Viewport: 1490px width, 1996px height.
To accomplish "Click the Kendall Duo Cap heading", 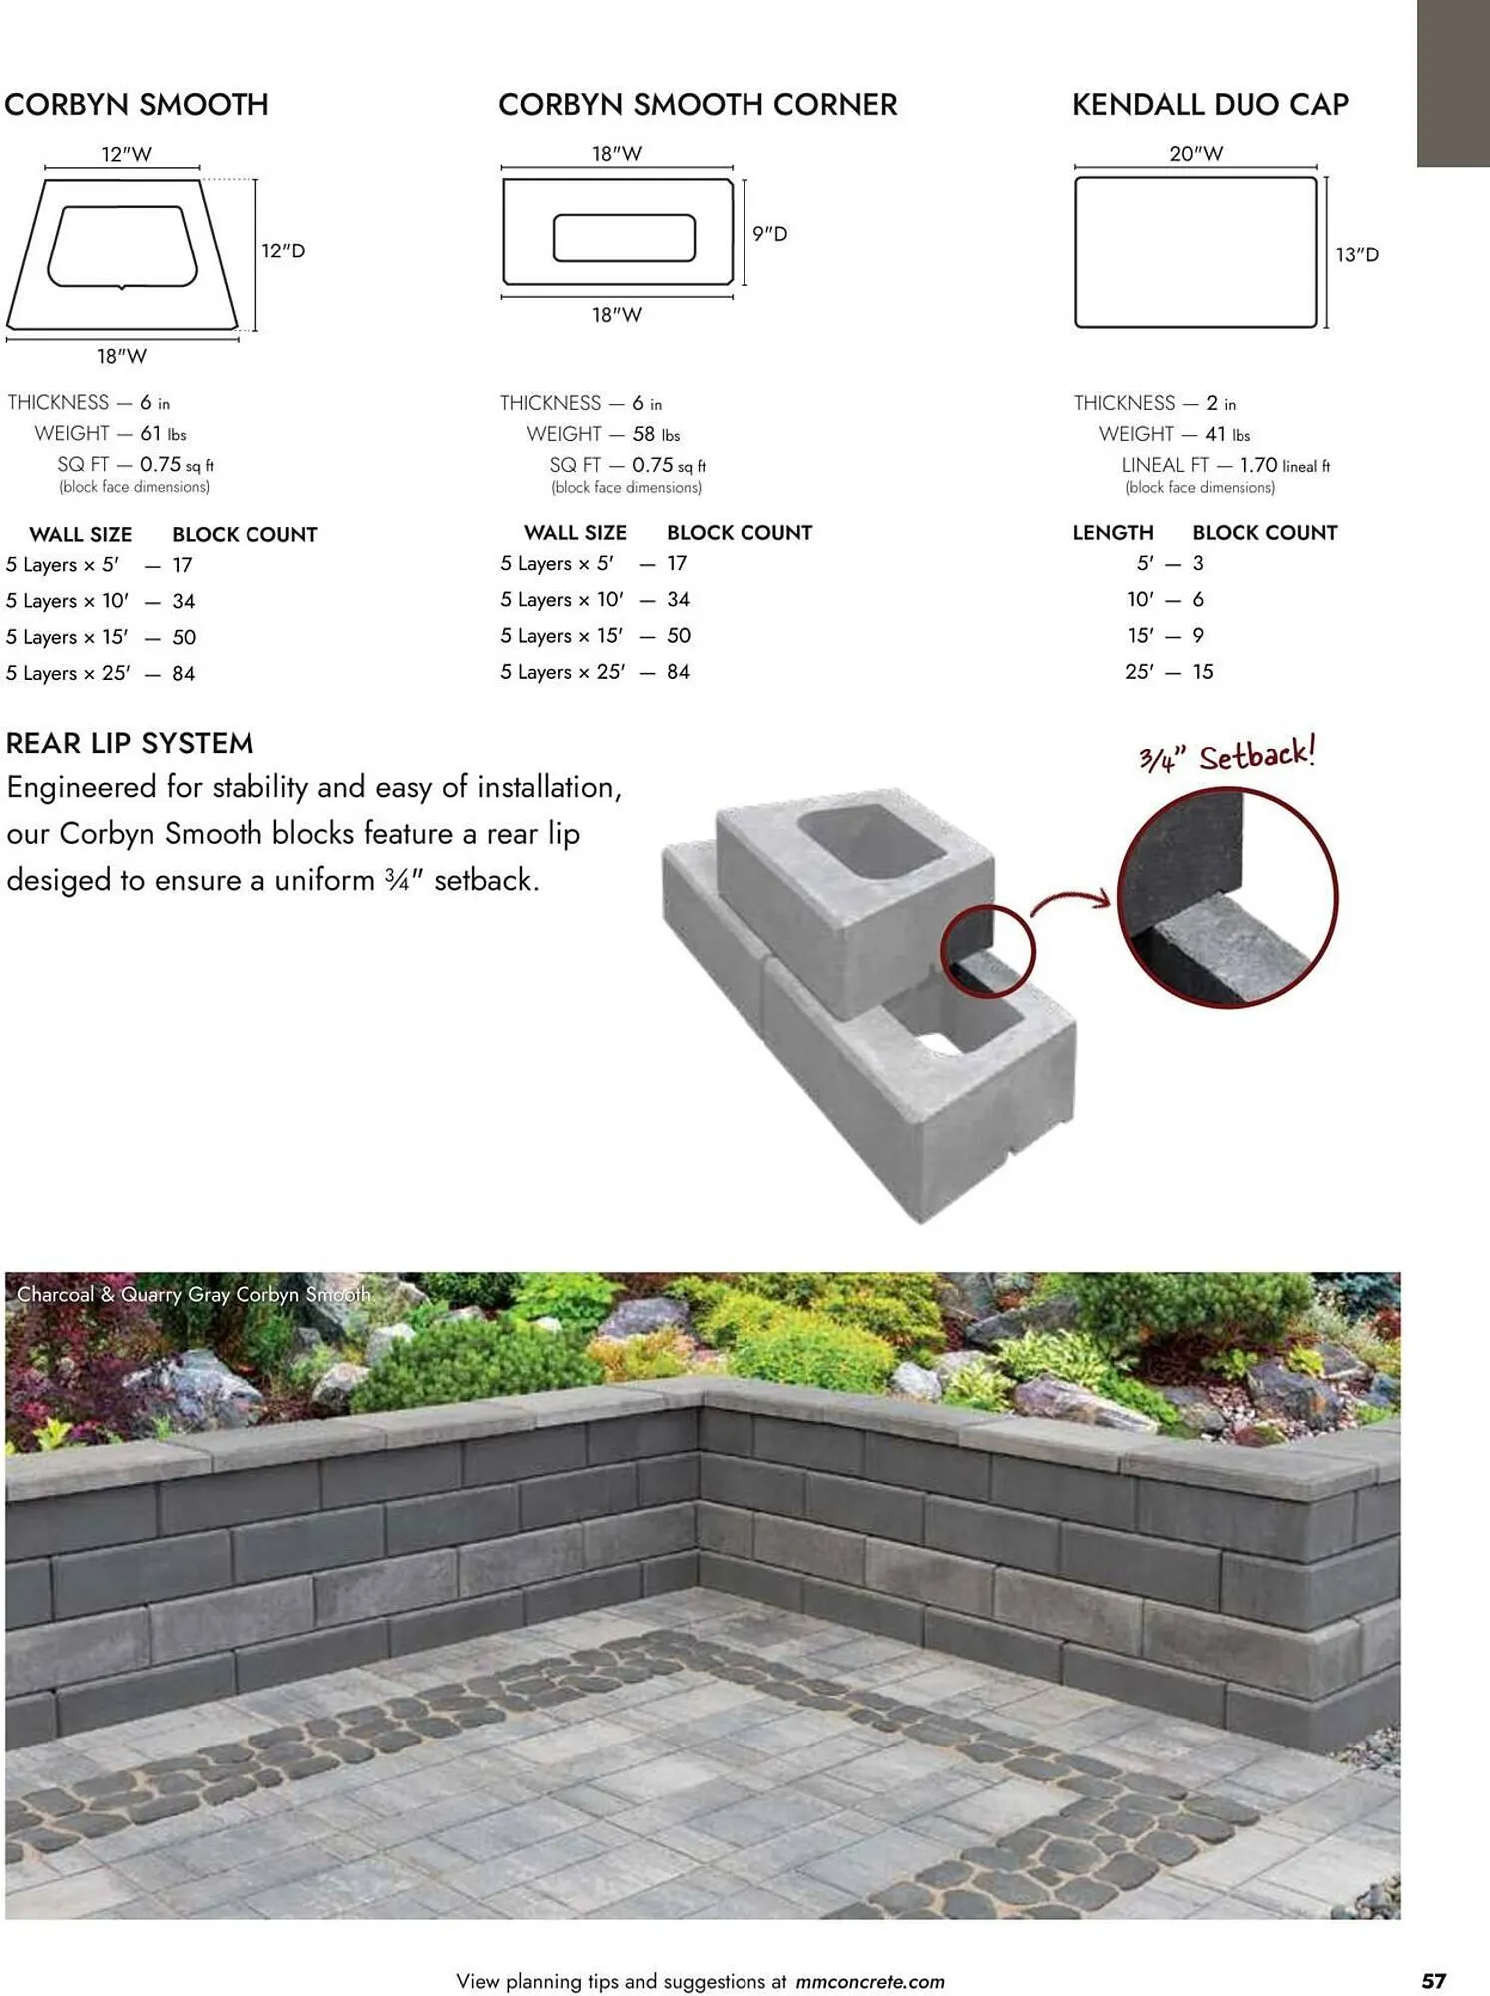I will point(1210,104).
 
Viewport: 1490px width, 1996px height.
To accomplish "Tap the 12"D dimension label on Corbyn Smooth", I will point(283,250).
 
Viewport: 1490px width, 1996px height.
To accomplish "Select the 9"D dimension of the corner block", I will point(769,234).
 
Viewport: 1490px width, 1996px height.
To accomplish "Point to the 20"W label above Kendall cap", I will point(1196,154).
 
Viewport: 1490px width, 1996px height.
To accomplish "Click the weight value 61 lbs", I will point(163,434).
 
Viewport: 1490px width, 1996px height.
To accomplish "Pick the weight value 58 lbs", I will point(656,435).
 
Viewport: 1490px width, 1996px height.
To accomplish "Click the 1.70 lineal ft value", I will point(1284,465).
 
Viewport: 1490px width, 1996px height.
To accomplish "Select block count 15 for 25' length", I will point(1203,672).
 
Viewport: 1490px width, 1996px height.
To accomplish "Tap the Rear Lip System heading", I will point(130,744).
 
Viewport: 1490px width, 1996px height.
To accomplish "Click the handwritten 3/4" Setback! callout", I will point(1228,755).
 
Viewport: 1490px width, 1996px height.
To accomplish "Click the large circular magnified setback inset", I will point(1227,898).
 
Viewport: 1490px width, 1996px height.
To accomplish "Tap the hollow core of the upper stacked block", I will point(870,841).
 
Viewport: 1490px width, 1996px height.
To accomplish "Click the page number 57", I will point(1434,1981).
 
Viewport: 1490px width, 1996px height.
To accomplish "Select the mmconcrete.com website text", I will point(870,1982).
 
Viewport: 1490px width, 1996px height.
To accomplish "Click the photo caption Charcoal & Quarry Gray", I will point(195,1295).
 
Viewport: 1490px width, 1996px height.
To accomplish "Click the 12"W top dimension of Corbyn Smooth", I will point(126,154).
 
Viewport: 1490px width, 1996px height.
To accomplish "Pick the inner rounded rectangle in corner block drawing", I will point(624,239).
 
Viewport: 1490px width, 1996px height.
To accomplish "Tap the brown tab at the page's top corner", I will point(1453,83).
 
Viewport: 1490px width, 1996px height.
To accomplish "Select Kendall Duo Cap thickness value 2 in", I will point(1220,403).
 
